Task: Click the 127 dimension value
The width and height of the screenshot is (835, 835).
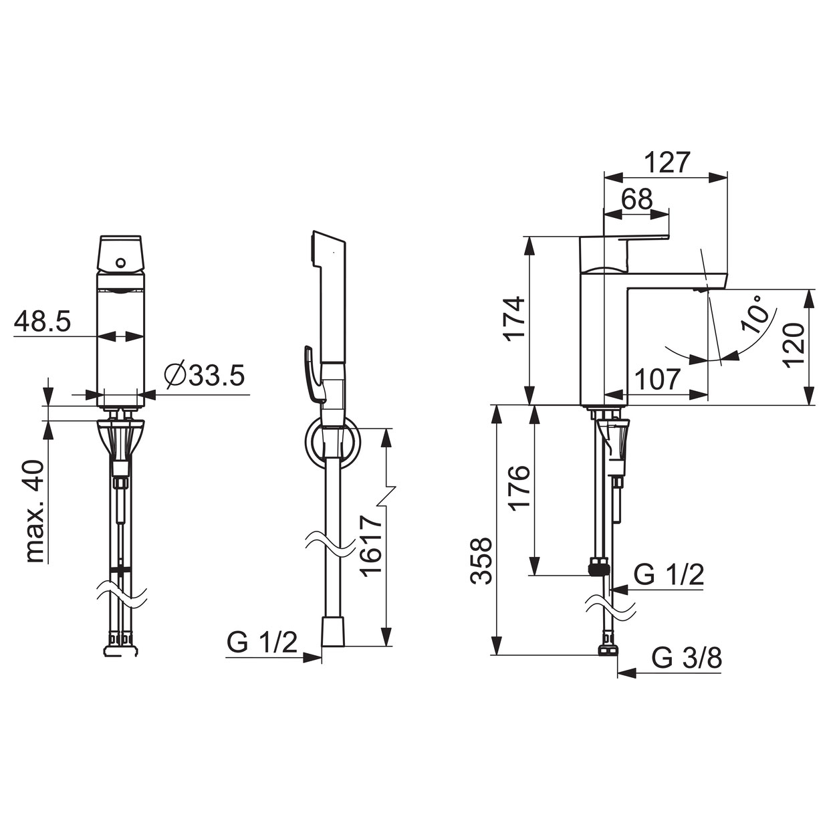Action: (666, 163)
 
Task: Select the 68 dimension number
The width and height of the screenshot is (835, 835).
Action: (636, 200)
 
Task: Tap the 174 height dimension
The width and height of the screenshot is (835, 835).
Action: (514, 319)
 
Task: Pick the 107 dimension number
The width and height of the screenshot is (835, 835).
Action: (657, 379)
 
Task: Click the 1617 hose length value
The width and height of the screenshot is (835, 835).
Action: (371, 546)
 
